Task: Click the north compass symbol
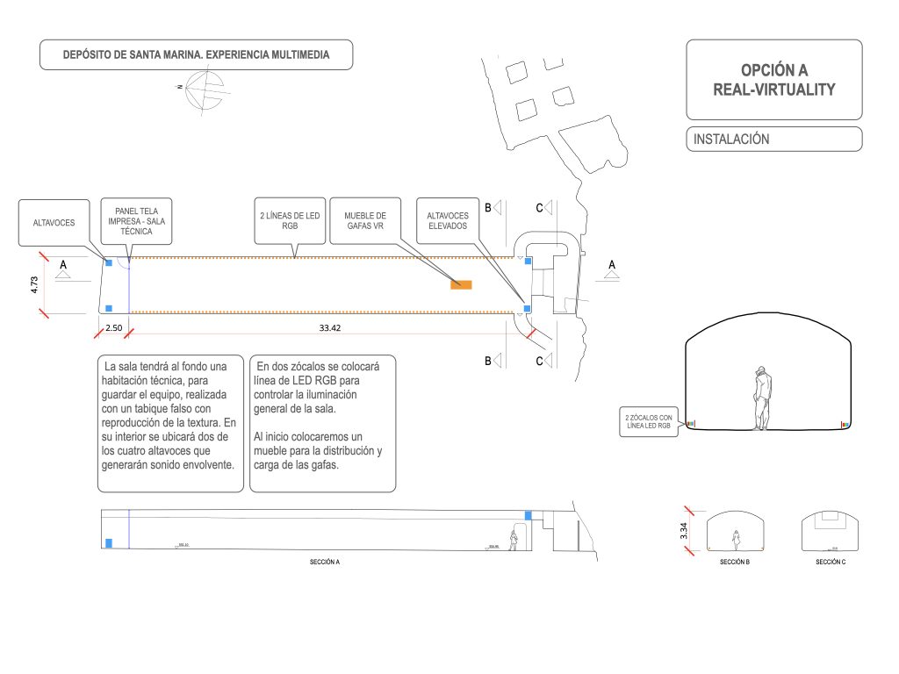pos(204,88)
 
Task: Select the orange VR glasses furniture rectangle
pos(461,284)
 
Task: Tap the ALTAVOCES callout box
pos(54,223)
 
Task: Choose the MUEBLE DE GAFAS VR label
pos(365,219)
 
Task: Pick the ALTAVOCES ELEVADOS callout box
pos(447,220)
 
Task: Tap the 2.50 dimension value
pos(114,328)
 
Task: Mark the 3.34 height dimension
pos(684,531)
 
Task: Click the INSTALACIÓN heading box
pos(773,139)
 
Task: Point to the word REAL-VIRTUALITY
pos(773,90)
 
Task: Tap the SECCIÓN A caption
pos(324,562)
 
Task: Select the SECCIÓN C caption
pos(830,562)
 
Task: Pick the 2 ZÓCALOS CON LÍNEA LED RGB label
pos(648,422)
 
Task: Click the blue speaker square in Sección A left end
pos(108,543)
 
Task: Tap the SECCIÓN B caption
pos(734,562)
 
